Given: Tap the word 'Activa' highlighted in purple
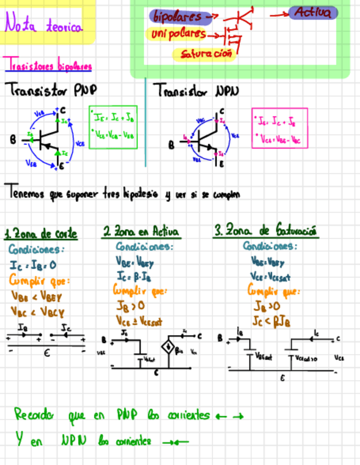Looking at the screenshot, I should pos(313,13).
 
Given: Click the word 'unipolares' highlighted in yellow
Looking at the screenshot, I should pos(179,35).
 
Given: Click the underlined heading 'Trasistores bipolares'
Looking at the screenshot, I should pos(48,67).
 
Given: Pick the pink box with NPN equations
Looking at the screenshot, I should pos(279,128).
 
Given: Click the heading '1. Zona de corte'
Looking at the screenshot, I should pos(41,234).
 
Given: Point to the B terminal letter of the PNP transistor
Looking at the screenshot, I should pos(13,140).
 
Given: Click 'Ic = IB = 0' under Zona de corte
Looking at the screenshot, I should pos(33,266).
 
